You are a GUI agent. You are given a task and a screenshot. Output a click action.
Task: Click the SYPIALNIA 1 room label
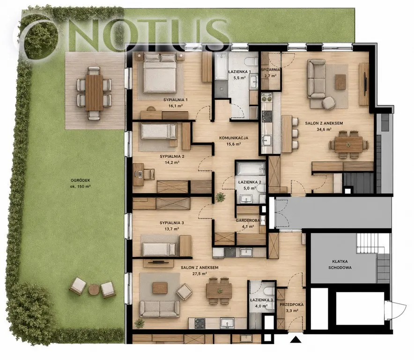coord(175,100)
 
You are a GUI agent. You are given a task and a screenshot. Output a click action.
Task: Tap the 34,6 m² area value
coord(324,129)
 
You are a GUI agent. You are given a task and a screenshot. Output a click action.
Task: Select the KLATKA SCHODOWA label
coord(340,264)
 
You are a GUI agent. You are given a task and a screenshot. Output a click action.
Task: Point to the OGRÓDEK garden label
coord(81,180)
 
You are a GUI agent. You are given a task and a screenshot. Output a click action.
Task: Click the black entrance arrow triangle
coord(296,339)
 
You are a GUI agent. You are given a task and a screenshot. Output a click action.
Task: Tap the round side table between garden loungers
coord(94,290)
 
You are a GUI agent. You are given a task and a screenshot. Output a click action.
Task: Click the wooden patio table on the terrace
coord(94,93)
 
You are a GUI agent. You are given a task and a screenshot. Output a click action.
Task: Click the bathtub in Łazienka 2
coord(251,169)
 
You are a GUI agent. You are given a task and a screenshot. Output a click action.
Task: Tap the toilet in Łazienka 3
coord(269,291)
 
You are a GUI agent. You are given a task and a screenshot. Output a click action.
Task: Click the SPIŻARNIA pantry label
coord(270,70)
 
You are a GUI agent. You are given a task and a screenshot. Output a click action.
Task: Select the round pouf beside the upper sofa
coord(329,103)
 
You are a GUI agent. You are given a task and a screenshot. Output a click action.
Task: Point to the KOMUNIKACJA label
coord(234,138)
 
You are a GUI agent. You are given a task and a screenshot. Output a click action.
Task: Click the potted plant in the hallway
coord(220,197)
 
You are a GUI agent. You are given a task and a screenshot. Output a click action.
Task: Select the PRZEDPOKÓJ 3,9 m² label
coord(291,307)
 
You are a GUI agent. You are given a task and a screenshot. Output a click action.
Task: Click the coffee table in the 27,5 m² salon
coord(160,288)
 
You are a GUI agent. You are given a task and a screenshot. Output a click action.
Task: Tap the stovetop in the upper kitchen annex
coord(266,116)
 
